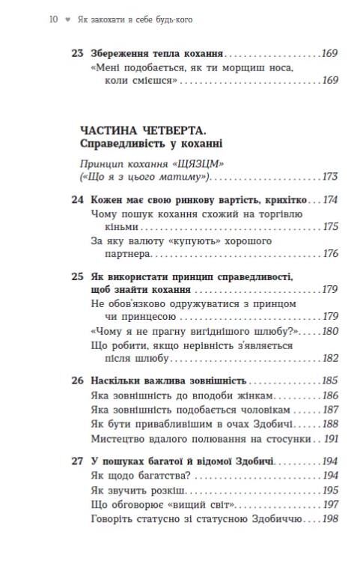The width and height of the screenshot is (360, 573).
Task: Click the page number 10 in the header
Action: (x=52, y=20)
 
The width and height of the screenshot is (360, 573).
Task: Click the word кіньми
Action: (x=106, y=227)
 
